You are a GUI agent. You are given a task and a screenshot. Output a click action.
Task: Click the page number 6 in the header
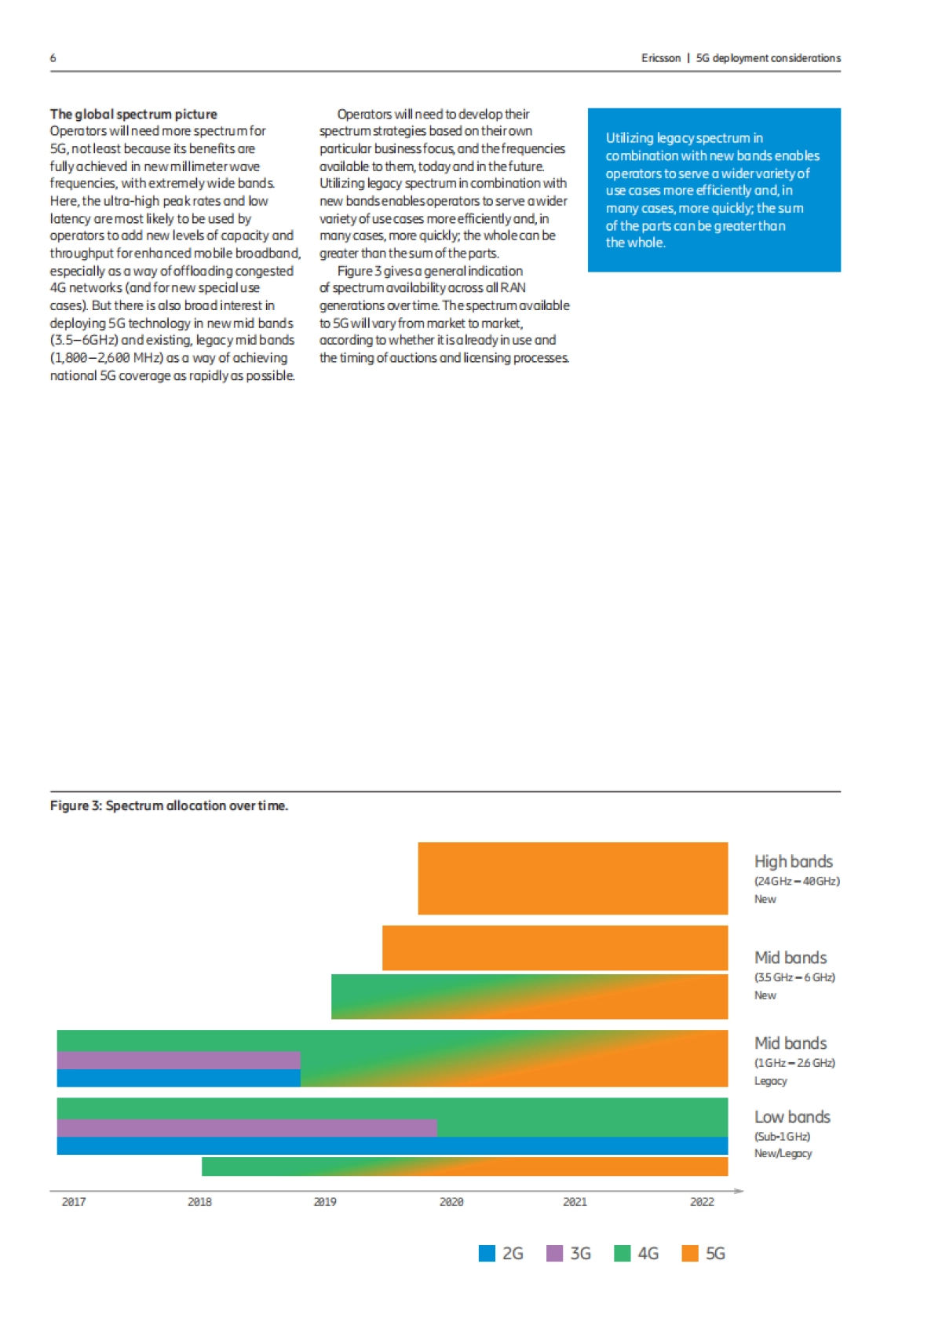(x=53, y=58)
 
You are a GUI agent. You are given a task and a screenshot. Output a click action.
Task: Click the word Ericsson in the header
(x=660, y=58)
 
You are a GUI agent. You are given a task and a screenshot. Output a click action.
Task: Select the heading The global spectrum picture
(x=133, y=114)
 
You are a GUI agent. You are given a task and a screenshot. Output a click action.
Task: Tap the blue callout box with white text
(x=714, y=190)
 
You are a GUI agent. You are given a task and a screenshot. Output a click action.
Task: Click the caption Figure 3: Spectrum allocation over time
(x=169, y=805)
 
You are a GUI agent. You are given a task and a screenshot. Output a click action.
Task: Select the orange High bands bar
(x=572, y=878)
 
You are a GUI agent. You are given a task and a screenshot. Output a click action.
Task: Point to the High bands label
(x=793, y=861)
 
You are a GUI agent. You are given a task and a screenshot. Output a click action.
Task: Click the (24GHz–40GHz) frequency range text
(x=796, y=881)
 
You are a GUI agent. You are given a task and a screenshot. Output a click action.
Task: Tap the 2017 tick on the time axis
(x=74, y=1201)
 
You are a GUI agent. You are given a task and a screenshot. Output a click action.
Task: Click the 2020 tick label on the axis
(x=451, y=1201)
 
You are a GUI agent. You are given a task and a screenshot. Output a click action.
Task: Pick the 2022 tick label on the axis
(x=701, y=1201)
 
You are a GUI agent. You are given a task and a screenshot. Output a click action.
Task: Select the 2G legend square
(x=487, y=1253)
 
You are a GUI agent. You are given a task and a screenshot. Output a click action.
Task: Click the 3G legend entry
(x=569, y=1253)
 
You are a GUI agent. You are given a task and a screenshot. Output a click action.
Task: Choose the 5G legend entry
(x=704, y=1253)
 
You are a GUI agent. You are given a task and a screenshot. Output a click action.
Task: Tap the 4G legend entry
(x=637, y=1253)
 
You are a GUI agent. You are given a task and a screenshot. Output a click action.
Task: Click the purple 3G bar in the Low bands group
(x=246, y=1127)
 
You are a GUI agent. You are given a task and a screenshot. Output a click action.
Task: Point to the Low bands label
(x=791, y=1116)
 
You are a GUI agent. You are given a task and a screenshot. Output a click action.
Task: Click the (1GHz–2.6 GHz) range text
(x=794, y=1062)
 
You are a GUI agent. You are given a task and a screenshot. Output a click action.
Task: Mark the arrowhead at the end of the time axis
(x=739, y=1191)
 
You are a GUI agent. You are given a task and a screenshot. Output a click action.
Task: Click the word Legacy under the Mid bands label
(x=770, y=1081)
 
